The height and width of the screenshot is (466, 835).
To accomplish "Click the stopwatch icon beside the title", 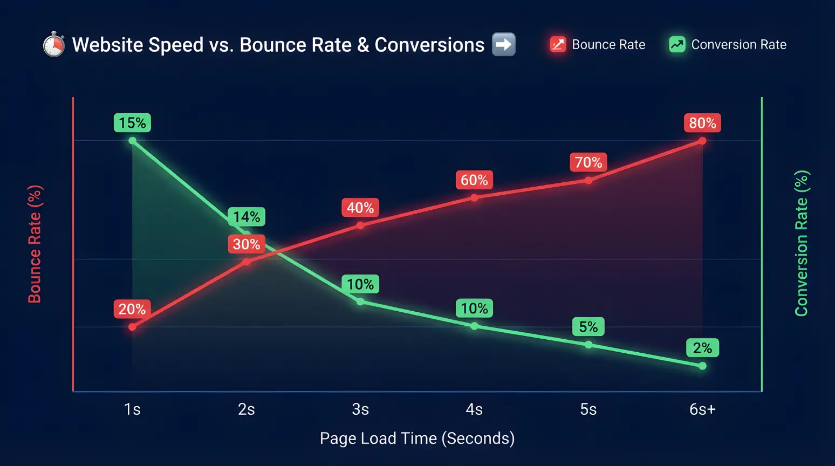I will [54, 45].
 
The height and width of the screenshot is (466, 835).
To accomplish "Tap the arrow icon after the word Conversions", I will [504, 44].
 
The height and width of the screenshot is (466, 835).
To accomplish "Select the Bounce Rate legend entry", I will [598, 45].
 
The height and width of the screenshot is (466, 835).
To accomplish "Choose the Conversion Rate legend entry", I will [728, 45].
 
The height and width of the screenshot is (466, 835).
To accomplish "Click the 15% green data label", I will [132, 123].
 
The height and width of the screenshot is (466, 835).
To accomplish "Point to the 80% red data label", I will [702, 123].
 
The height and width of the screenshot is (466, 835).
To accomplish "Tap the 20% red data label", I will [132, 309].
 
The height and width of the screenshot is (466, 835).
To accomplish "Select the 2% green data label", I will [702, 348].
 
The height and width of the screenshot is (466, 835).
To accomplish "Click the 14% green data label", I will [247, 217].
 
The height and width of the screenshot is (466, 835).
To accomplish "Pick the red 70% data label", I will [588, 162].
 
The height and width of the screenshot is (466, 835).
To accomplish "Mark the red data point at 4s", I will [474, 197].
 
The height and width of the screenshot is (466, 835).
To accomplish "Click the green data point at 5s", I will [588, 345].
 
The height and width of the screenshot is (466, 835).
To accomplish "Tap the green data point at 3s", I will [360, 301].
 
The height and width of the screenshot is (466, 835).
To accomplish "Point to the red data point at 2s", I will [246, 262].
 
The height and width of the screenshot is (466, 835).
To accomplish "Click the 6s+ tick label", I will [702, 409].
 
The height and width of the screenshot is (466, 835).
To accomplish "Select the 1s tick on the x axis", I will [132, 409].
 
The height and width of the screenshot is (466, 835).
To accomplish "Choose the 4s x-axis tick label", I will [474, 409].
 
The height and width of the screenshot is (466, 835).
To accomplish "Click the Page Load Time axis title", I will [417, 438].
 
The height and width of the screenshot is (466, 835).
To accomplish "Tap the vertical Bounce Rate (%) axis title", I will [35, 244].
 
